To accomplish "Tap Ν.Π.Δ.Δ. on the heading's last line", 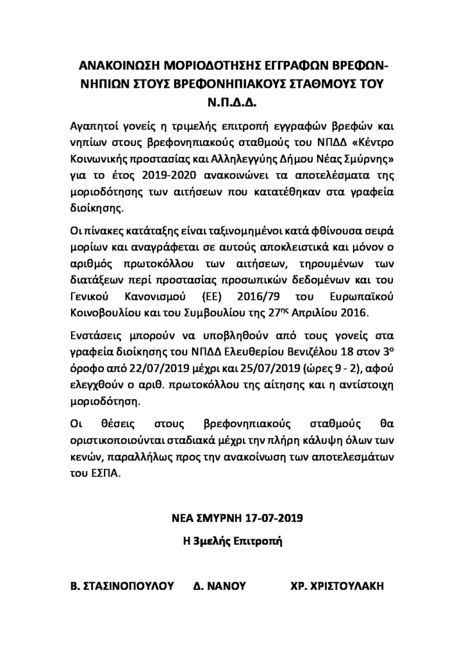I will pos(231,102).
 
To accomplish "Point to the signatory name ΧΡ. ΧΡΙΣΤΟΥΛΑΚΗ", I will pos(338,586).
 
